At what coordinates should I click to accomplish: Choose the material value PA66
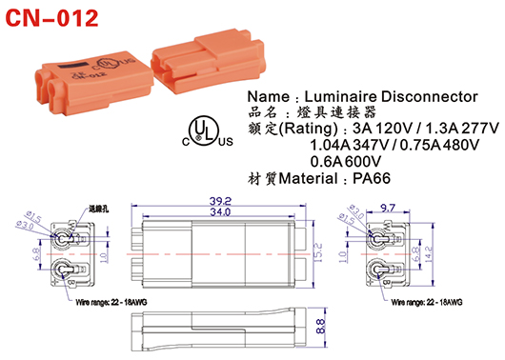(x=390, y=178)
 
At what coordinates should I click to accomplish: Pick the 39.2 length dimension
(x=221, y=201)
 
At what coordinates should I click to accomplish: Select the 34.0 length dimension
(x=221, y=213)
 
